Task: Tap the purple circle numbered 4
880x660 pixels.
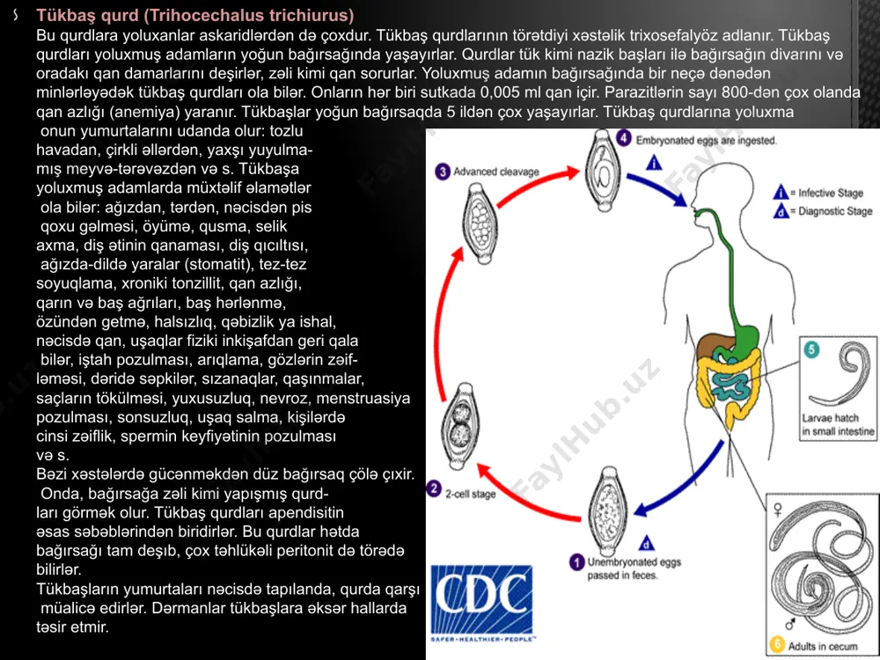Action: pyautogui.click(x=624, y=139)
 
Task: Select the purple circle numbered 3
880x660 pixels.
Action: pyautogui.click(x=443, y=172)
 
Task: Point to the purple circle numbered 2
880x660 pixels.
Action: pyautogui.click(x=434, y=488)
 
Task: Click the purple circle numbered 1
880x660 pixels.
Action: pyautogui.click(x=576, y=561)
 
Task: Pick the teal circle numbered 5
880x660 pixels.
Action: pyautogui.click(x=811, y=349)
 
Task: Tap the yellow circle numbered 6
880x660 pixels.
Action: pyautogui.click(x=777, y=644)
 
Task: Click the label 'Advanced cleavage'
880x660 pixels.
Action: pyautogui.click(x=496, y=172)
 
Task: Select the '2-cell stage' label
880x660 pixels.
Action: pyautogui.click(x=470, y=494)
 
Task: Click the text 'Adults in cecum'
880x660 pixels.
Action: pyautogui.click(x=822, y=646)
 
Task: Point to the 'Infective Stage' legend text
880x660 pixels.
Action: pyautogui.click(x=831, y=193)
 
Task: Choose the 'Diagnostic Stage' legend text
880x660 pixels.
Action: pyautogui.click(x=835, y=211)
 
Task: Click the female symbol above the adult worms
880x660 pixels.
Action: pyautogui.click(x=778, y=510)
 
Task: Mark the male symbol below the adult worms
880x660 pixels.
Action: pyautogui.click(x=790, y=624)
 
